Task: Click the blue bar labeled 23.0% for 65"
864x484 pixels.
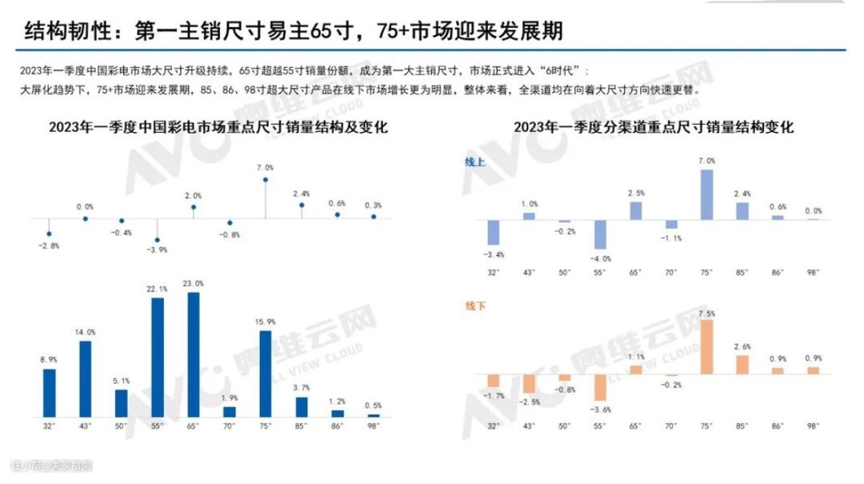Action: (194, 354)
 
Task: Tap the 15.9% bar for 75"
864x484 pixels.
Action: (266, 374)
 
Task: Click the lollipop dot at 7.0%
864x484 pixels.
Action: (266, 180)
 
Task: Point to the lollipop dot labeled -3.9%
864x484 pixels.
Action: (158, 239)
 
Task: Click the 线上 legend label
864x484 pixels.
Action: (475, 162)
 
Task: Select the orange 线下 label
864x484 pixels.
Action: (476, 306)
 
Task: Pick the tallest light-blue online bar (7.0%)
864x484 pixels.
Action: (706, 194)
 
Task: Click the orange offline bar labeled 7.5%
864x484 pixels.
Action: (706, 346)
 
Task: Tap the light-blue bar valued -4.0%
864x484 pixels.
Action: (599, 234)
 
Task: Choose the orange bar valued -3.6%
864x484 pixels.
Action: (599, 387)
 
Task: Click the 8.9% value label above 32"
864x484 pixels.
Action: (50, 361)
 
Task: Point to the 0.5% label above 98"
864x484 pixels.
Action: (374, 406)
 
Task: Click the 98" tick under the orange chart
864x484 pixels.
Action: (813, 426)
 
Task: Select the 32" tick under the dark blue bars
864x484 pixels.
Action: (50, 426)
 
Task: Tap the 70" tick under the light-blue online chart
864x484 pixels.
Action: (671, 273)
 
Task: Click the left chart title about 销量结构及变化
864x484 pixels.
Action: (218, 127)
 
